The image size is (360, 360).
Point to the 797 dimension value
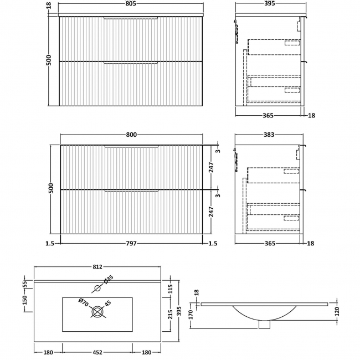131,243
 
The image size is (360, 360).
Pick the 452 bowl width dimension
97,351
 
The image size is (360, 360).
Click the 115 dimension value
171,289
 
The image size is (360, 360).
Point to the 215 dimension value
171,315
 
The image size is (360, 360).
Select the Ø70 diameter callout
83,302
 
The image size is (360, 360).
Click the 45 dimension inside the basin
109,303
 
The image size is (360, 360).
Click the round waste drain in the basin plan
97,312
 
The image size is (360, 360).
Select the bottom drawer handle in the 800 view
131,192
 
